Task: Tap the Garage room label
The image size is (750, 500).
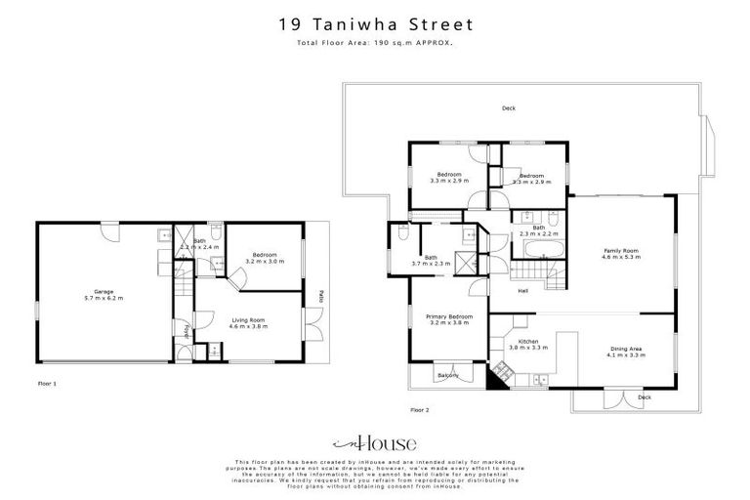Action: (104, 294)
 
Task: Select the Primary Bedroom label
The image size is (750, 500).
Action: (448, 319)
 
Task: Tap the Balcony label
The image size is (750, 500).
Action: (447, 375)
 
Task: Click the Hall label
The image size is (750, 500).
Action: (523, 289)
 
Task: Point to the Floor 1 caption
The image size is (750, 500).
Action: (47, 384)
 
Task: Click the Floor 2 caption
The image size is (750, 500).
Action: (420, 409)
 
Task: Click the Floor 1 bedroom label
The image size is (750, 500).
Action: (266, 259)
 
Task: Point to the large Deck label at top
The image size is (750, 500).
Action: (508, 108)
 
